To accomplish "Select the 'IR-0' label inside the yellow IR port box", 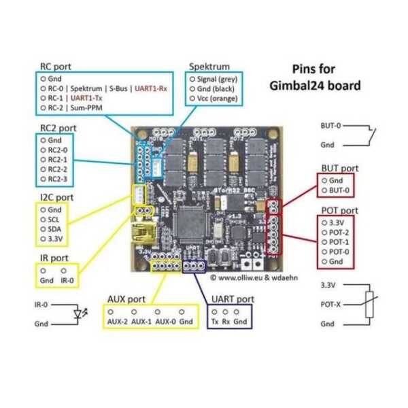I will tap(67, 280).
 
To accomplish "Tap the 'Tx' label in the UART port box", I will tap(215, 320).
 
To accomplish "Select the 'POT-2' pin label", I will tap(339, 232).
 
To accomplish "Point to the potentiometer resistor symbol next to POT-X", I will tap(369, 304).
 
